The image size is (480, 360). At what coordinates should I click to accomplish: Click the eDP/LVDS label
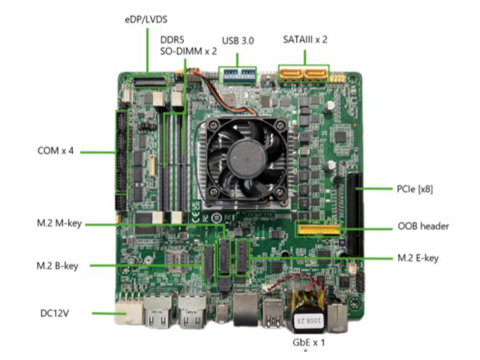[146, 20]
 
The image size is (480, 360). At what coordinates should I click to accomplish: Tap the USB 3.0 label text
[238, 40]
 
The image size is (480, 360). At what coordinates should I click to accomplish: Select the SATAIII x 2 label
[305, 40]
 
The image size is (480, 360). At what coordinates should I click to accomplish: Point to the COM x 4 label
[55, 151]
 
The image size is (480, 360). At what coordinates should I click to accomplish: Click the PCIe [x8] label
[415, 189]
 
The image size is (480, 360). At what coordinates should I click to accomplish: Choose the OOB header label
[423, 226]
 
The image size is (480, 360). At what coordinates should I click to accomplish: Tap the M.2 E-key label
[418, 258]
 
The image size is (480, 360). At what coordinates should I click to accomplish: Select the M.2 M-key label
[59, 223]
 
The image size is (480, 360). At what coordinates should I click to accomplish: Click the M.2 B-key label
[57, 265]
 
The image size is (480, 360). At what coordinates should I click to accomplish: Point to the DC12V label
[55, 313]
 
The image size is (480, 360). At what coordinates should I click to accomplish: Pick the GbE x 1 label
[308, 342]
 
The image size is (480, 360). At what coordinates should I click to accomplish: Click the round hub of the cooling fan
[247, 158]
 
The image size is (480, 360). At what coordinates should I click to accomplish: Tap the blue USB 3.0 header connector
[238, 75]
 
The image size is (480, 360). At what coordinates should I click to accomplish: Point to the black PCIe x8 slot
[355, 215]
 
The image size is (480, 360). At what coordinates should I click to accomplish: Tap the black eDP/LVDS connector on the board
[149, 82]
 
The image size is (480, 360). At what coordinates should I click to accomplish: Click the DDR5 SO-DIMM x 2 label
[188, 46]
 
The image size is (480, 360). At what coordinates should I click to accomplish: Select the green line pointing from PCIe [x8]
[374, 188]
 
